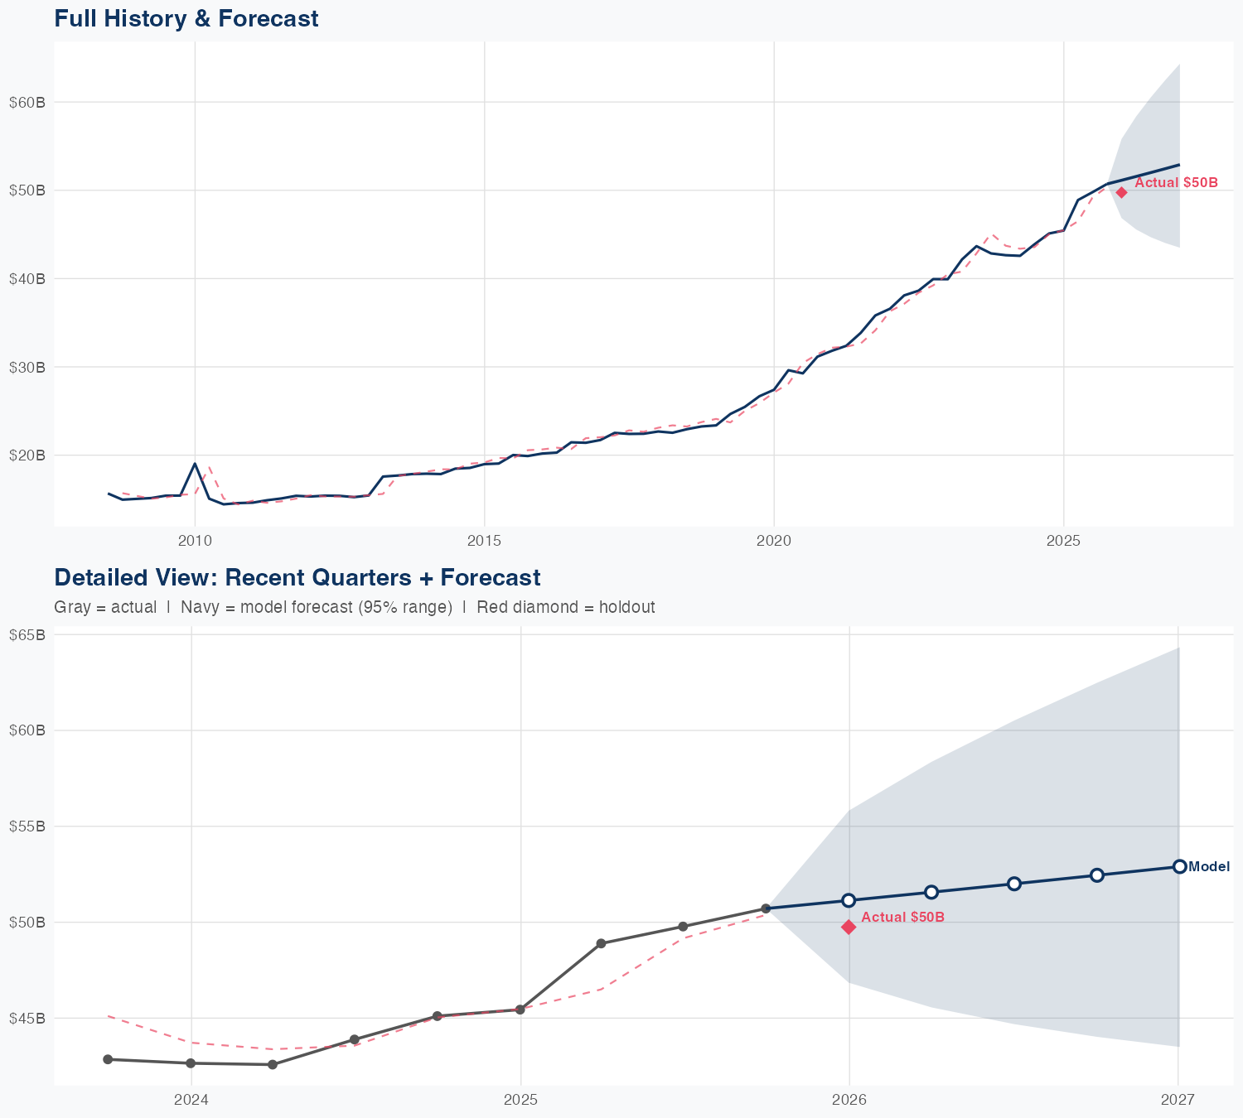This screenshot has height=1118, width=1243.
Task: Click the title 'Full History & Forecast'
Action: (186, 18)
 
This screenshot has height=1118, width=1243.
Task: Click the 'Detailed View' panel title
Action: (297, 577)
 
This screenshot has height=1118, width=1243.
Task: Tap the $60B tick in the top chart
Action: (27, 103)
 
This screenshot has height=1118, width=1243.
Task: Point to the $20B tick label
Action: (27, 455)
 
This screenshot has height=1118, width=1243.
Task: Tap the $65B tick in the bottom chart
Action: (27, 635)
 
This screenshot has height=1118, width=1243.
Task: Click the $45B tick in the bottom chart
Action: (27, 1018)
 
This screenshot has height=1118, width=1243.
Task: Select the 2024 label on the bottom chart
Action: (191, 1100)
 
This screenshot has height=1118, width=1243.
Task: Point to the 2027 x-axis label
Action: (1178, 1100)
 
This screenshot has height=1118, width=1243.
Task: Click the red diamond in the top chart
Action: (1121, 192)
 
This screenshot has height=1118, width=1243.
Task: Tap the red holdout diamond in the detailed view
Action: (849, 927)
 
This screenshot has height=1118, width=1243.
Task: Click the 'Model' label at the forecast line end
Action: (1209, 867)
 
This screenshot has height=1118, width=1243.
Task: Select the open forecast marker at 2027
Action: (1179, 866)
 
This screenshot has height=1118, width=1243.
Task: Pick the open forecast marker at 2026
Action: (849, 900)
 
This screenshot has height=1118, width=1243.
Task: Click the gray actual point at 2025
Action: (520, 1010)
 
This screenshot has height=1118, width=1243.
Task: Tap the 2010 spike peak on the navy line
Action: (195, 464)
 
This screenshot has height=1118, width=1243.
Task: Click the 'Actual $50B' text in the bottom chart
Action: (903, 917)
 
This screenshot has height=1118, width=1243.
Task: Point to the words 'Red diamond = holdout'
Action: (566, 607)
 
